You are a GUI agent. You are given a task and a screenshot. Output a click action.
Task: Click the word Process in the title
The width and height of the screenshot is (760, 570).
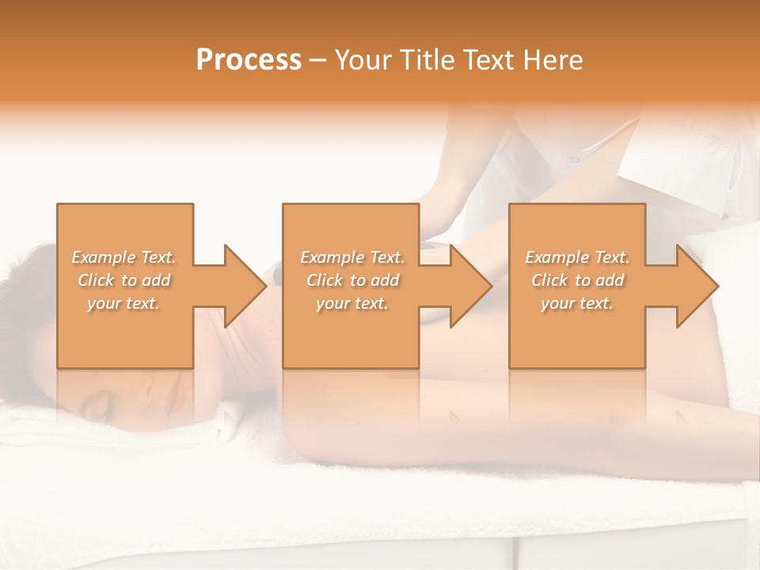tap(249, 59)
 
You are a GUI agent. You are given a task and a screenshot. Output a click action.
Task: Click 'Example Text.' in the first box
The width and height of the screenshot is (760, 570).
tap(123, 257)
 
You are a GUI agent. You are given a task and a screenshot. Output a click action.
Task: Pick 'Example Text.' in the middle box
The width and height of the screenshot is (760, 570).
tap(352, 257)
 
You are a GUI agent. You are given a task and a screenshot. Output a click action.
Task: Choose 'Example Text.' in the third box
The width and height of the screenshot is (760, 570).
tap(577, 257)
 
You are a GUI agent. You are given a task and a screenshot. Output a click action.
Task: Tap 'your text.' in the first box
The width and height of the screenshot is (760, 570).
tap(123, 303)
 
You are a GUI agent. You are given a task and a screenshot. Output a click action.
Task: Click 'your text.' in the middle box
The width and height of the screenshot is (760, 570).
tap(352, 303)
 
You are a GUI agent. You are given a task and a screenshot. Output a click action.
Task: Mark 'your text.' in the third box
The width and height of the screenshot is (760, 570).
tap(577, 303)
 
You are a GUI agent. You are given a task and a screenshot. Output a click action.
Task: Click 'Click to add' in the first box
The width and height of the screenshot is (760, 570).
tap(123, 280)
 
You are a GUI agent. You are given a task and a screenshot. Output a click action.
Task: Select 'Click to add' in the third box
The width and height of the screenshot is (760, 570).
tap(577, 280)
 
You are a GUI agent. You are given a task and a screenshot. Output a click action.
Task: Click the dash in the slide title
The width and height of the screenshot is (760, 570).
tap(318, 60)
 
